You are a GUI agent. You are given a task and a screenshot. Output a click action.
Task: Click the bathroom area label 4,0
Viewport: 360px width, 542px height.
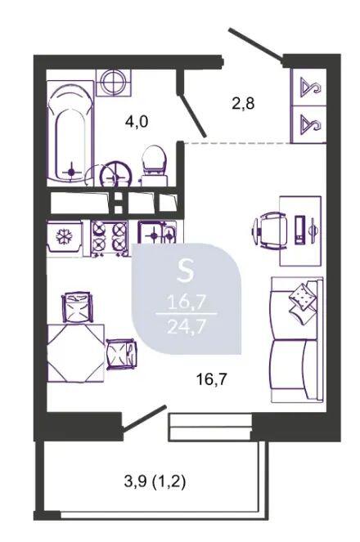(x=137, y=122)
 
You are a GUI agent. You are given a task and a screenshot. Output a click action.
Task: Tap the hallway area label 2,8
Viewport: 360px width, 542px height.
(x=243, y=103)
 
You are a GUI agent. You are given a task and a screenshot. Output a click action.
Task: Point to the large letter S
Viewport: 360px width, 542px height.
(x=185, y=271)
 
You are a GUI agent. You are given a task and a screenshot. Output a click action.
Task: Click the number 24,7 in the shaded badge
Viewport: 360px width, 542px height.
(x=187, y=325)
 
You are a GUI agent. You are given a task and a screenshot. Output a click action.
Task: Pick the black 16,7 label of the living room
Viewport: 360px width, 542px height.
(x=211, y=379)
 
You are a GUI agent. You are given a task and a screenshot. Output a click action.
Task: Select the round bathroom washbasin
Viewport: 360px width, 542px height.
(x=116, y=175)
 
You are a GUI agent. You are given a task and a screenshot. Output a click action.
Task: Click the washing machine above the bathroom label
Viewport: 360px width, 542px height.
(x=114, y=83)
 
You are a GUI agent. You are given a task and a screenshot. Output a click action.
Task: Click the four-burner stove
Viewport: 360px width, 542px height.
(x=110, y=238)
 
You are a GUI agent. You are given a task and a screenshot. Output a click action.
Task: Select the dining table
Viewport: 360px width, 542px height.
(x=75, y=353)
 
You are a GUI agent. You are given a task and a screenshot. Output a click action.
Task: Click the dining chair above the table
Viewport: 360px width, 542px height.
(x=77, y=307)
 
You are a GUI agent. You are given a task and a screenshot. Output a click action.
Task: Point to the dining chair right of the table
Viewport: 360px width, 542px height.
(x=121, y=354)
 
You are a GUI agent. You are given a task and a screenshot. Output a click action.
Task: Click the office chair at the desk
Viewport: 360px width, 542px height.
(x=271, y=230)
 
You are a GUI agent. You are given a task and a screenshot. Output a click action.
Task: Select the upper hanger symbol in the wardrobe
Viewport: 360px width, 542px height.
(x=310, y=87)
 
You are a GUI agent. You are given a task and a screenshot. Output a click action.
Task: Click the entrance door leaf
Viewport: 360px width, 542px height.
(x=256, y=44)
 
